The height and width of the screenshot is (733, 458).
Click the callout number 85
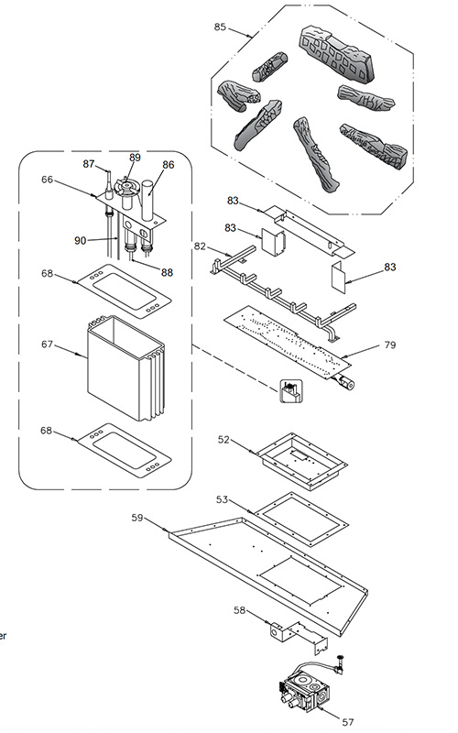point(220,27)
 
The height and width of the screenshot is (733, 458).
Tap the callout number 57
point(348,722)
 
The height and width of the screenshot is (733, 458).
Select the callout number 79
point(390,345)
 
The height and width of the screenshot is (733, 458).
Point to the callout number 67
point(47,345)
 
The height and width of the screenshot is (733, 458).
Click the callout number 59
point(136,518)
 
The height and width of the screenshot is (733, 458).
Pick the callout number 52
point(224,440)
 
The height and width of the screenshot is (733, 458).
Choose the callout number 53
point(222,499)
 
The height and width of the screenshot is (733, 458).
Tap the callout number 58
point(239,610)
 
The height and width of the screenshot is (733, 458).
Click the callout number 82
point(200,246)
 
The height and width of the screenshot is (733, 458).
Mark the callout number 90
point(81,240)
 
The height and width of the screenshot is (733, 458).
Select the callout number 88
point(167,272)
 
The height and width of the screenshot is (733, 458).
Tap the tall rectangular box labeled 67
point(125,368)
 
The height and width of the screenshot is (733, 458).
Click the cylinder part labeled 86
point(147,200)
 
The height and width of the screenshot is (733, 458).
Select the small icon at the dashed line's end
point(291,391)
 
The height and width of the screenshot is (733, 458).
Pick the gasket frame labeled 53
point(301,519)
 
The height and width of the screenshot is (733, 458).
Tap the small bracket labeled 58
point(299,637)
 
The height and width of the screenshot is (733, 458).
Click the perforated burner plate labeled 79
point(287,344)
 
